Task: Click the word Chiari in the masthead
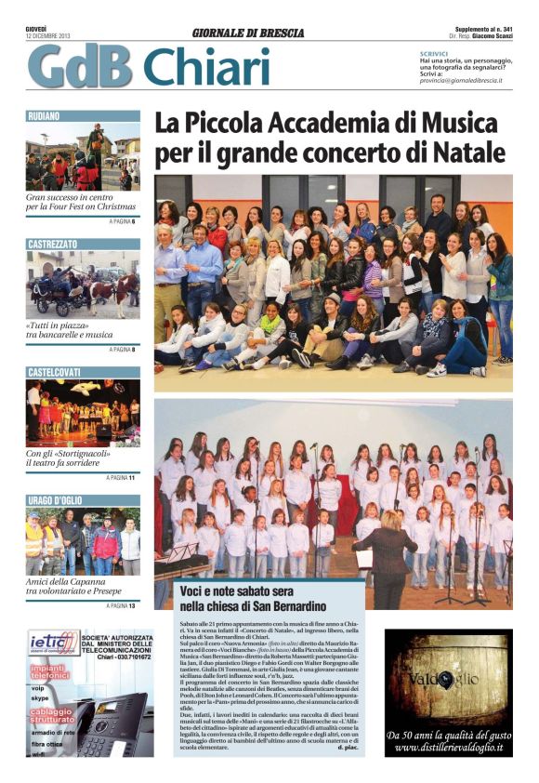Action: pyautogui.click(x=206, y=67)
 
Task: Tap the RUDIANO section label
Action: pyautogui.click(x=45, y=116)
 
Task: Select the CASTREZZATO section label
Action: pyautogui.click(x=52, y=244)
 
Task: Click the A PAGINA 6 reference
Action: pyautogui.click(x=122, y=222)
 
